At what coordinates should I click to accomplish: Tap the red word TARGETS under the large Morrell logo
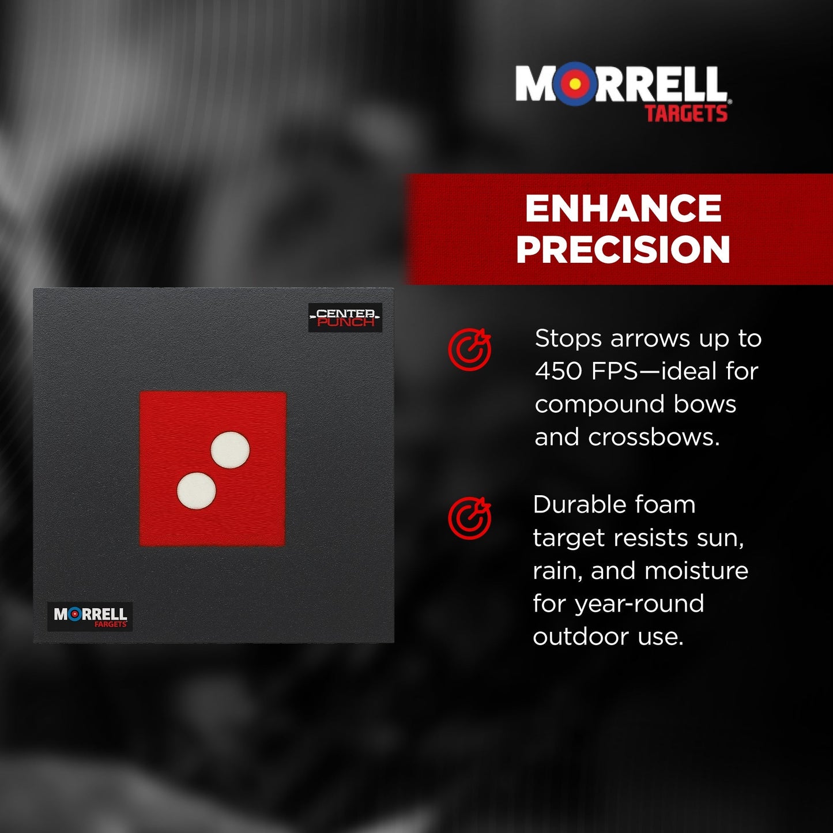click(x=686, y=114)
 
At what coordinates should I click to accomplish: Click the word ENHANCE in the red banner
click(x=623, y=209)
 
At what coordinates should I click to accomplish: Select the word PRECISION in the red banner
click(x=623, y=250)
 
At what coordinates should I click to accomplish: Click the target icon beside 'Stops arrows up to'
click(x=470, y=349)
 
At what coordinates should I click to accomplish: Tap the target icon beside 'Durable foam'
click(x=470, y=518)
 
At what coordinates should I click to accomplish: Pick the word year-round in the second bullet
click(x=639, y=604)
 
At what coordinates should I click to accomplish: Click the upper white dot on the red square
click(x=230, y=450)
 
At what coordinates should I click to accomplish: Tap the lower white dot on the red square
click(x=197, y=491)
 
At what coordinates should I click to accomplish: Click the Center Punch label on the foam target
click(x=345, y=318)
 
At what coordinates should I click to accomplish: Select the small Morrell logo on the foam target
click(x=90, y=616)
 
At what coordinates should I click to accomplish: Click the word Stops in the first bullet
click(x=568, y=338)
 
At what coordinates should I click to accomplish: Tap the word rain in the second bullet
click(x=557, y=571)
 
